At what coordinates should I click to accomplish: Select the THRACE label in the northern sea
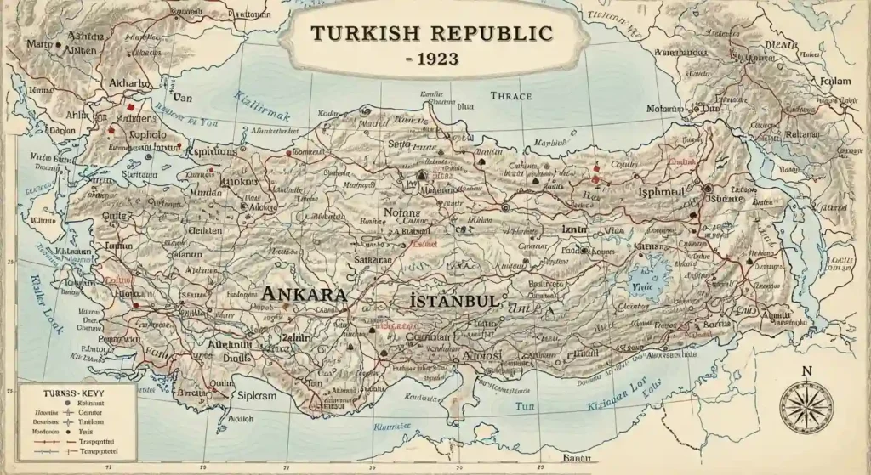point(511,96)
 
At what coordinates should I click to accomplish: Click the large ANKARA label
point(305,294)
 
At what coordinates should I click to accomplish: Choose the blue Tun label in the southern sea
point(525,407)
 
